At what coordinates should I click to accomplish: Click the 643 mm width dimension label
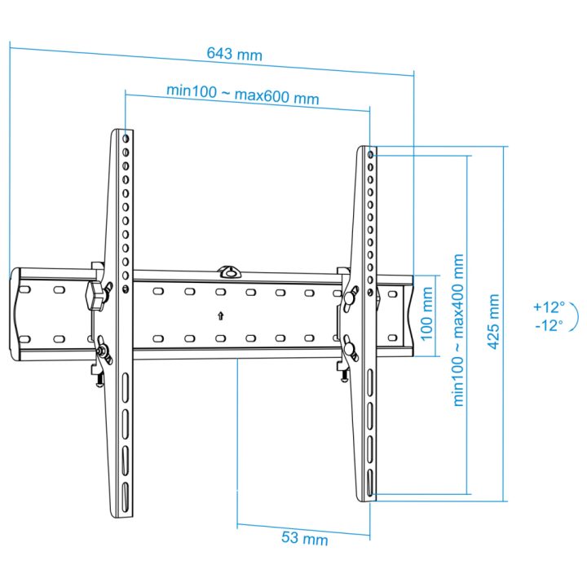234,54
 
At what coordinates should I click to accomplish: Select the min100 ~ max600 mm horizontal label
243,95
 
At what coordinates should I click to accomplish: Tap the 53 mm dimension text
304,538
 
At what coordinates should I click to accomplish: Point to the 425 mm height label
494,321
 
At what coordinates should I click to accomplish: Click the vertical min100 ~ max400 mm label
458,330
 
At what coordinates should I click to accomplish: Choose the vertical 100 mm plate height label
427,314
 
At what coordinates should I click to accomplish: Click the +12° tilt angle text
549,307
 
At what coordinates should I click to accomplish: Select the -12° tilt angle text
549,325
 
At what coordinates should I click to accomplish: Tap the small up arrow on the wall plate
220,316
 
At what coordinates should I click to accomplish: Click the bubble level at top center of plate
229,272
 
